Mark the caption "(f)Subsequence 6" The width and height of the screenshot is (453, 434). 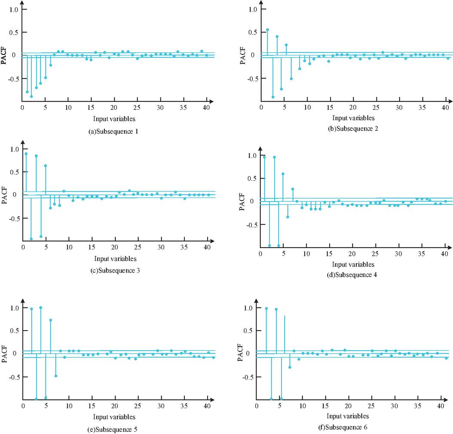[346, 428]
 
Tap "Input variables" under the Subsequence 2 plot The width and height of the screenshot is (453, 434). [353, 118]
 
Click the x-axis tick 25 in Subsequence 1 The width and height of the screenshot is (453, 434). [137, 107]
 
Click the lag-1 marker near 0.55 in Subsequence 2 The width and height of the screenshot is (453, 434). [267, 30]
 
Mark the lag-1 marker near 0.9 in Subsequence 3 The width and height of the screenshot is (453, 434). [26, 154]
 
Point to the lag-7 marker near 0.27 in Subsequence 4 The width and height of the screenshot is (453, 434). [293, 189]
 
